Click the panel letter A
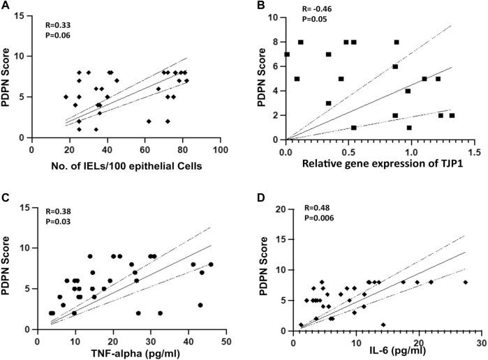click(x=6, y=6)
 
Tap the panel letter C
click(x=6, y=199)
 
